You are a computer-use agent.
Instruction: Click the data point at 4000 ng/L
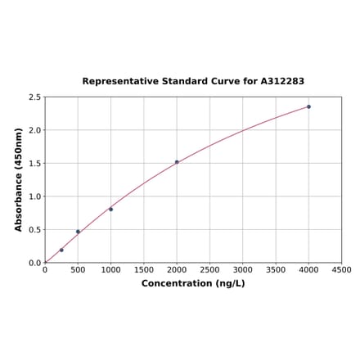pos(308,106)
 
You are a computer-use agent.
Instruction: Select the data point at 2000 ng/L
pos(177,162)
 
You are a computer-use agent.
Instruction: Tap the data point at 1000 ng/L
pos(111,209)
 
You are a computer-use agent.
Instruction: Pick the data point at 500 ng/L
pos(78,232)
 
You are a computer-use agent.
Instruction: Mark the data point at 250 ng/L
pos(61,250)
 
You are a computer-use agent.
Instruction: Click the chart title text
pos(193,82)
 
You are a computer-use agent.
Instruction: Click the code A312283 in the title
pos(282,82)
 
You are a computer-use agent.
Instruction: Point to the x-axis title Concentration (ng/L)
pos(193,284)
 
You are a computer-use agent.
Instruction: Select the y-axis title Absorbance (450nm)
pos(18,179)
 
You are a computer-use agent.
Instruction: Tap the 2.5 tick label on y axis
pos(35,97)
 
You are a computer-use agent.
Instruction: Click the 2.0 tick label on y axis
pos(35,130)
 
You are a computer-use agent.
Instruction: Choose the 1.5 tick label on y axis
pos(35,164)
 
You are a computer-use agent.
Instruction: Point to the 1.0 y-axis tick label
pos(35,196)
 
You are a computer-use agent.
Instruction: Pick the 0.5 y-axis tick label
pos(35,230)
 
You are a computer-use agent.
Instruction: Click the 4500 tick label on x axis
pos(341,270)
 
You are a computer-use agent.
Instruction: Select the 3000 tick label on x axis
pos(243,270)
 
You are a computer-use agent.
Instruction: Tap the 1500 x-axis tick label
pos(144,270)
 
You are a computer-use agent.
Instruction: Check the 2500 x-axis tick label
pos(209,270)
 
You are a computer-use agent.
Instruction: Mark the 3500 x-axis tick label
pos(276,270)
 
